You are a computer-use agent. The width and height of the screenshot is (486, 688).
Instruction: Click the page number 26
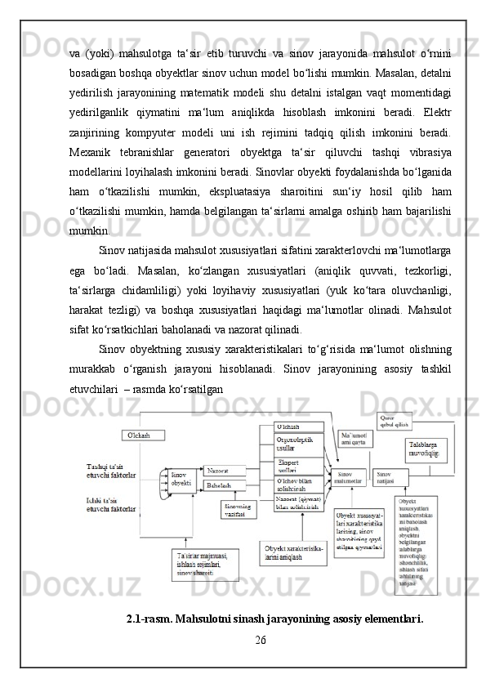coord(261,638)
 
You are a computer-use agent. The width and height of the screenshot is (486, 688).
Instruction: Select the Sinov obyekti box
coord(181,478)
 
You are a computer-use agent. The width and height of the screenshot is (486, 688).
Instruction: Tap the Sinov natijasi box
coord(391,477)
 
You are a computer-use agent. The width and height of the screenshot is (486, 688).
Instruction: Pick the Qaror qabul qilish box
coord(395,422)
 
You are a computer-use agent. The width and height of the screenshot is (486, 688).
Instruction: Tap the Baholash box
coord(221,485)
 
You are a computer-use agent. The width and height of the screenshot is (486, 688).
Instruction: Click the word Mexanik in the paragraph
coord(89,152)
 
